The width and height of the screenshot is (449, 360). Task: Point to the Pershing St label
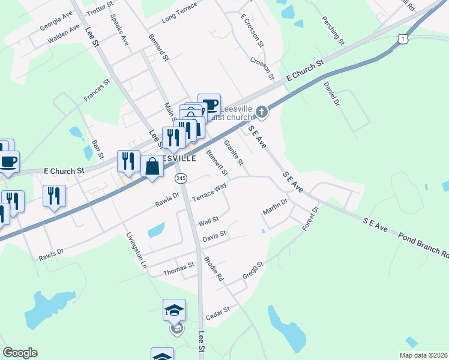pyautogui.click(x=333, y=32)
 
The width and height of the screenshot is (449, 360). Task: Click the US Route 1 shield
pyautogui.click(x=402, y=38)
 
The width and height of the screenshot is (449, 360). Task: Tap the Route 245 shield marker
pyautogui.click(x=181, y=178)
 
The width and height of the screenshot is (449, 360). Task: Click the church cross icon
pyautogui.click(x=262, y=112)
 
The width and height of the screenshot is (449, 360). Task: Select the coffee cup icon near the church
pyautogui.click(x=209, y=104)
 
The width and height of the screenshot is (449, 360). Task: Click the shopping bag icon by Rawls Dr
pyautogui.click(x=152, y=166)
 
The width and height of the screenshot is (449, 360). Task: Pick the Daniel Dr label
pyautogui.click(x=332, y=94)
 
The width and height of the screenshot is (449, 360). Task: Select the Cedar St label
pyautogui.click(x=218, y=313)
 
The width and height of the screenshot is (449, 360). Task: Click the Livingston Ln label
pyautogui.click(x=135, y=250)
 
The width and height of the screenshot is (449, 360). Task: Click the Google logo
pyautogui.click(x=20, y=353)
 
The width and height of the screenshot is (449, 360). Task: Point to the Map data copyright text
pyautogui.click(x=423, y=355)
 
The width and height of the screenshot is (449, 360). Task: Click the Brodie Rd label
pyautogui.click(x=214, y=270)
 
